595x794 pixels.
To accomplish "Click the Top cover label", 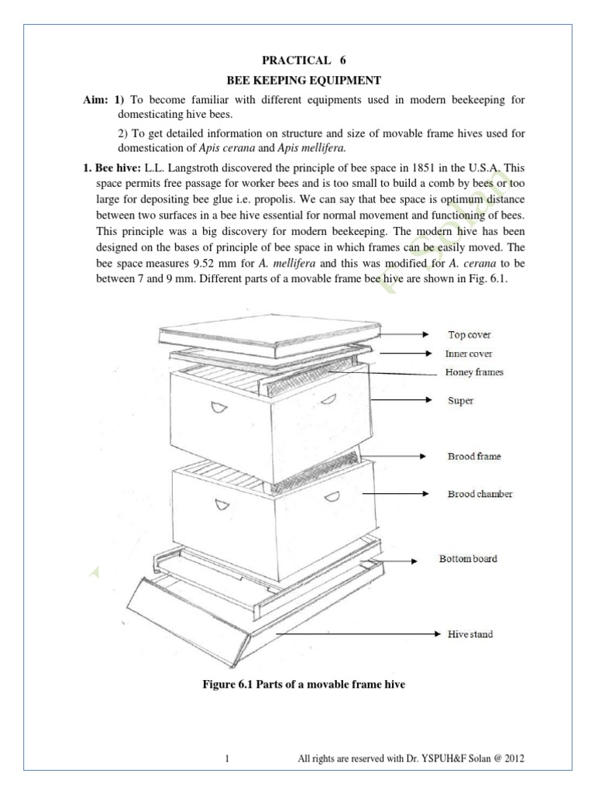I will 469,335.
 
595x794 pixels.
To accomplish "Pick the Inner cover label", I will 469,354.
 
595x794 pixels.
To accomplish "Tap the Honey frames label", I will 474,372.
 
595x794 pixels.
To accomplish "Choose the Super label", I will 460,401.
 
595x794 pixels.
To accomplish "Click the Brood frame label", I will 474,457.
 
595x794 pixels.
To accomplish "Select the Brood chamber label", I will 480,494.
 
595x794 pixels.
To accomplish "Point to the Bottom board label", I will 468,559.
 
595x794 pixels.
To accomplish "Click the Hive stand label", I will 469,634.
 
